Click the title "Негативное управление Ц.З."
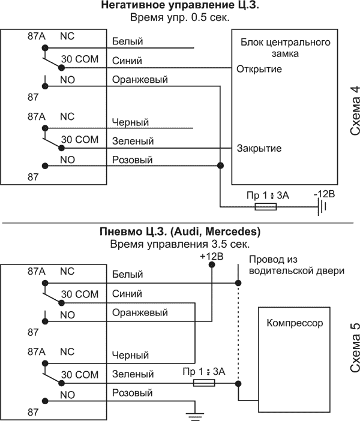pos(179,7)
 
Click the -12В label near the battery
pos(325,195)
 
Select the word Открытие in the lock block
pos(259,69)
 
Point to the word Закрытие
pos(259,148)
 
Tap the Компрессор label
pos(293,323)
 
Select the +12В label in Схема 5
pos(211,256)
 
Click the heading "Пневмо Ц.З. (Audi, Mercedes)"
pos(179,231)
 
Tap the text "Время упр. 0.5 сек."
pos(179,18)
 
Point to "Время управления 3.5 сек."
pos(179,244)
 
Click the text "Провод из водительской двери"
pos(296,265)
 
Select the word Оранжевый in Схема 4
pos(140,80)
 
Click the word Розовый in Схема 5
pos(132,393)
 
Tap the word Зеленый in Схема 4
pos(133,142)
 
